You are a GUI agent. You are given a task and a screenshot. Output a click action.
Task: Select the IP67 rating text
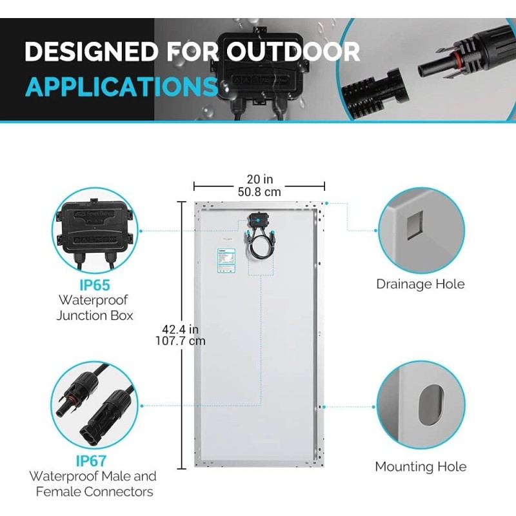(91, 461)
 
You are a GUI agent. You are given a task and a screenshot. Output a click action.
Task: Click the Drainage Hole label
(420, 284)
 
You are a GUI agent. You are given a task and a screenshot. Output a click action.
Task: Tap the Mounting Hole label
(421, 466)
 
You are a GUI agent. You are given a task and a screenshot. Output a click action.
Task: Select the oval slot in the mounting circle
(430, 405)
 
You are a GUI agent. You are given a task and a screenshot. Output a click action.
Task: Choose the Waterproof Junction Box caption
(94, 308)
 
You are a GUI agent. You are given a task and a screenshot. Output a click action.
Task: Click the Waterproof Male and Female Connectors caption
(92, 484)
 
